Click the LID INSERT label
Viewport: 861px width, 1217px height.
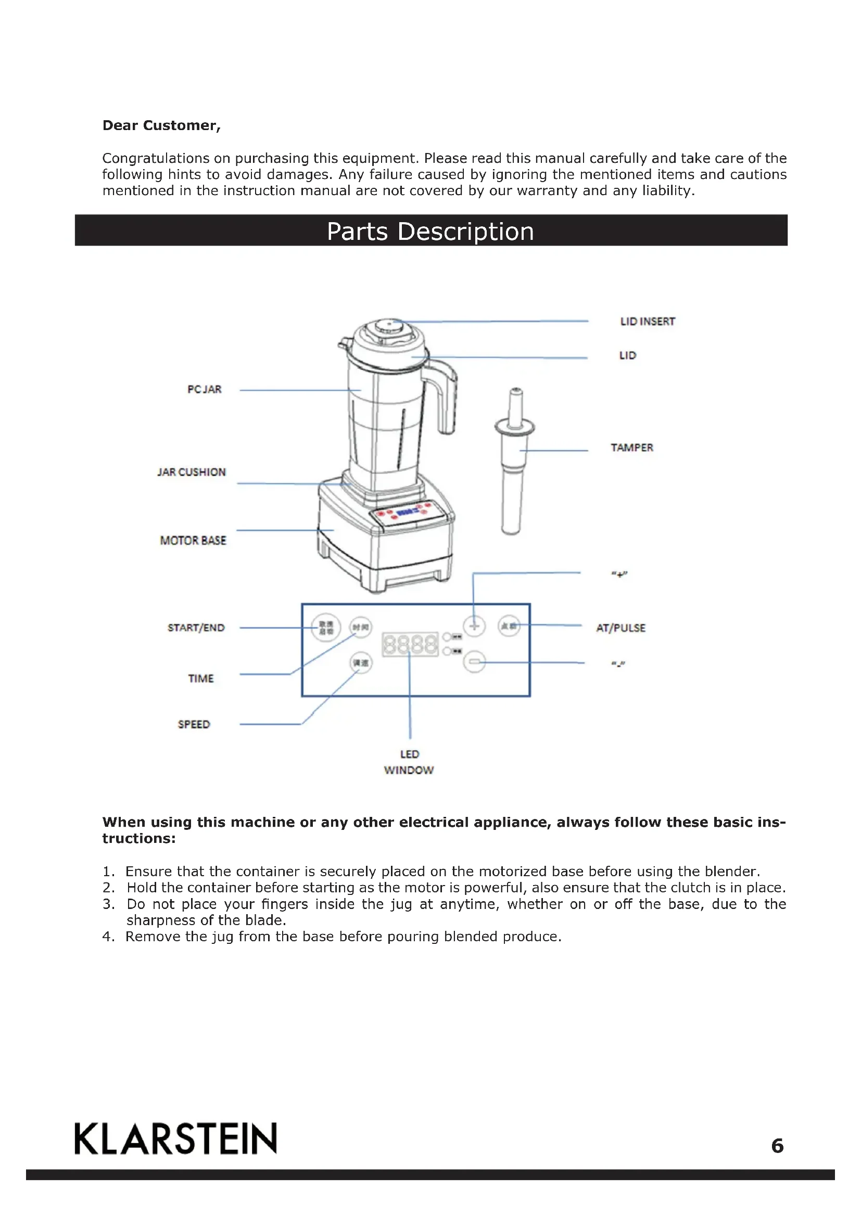(x=648, y=321)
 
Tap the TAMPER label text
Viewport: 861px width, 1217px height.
(x=631, y=447)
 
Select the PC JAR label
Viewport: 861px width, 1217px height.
(x=204, y=389)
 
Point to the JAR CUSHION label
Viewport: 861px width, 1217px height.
(x=192, y=472)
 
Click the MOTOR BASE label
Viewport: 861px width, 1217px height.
(x=193, y=540)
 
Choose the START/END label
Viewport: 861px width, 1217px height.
(x=196, y=627)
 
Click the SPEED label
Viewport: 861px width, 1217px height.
(x=194, y=724)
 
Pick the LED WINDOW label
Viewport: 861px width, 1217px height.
(x=409, y=762)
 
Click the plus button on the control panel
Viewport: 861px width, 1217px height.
(x=474, y=626)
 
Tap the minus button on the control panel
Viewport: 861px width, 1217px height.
(x=474, y=661)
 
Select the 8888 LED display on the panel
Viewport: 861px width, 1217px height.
(x=410, y=644)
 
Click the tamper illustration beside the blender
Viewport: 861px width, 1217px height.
(x=513, y=466)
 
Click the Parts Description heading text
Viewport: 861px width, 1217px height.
(x=430, y=231)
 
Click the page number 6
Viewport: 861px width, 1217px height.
(x=777, y=1146)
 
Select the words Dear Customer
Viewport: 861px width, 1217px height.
(x=161, y=125)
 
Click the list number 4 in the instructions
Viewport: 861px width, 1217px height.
(x=108, y=937)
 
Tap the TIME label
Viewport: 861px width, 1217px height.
(x=201, y=678)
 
